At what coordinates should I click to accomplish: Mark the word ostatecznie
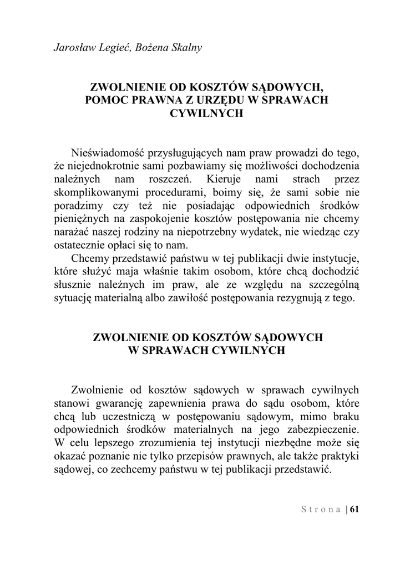pyautogui.click(x=81, y=246)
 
